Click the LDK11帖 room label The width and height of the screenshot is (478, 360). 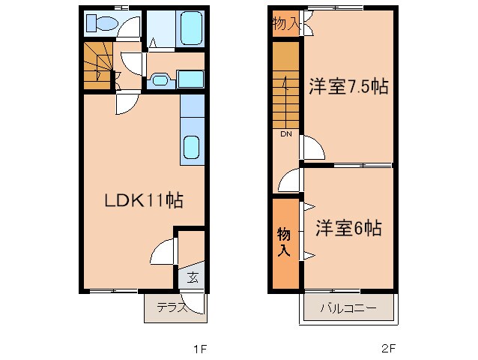click(x=143, y=200)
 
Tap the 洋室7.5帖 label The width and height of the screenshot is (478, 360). click(x=348, y=87)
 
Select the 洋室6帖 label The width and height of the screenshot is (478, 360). click(x=348, y=227)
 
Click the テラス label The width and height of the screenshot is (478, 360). click(x=172, y=307)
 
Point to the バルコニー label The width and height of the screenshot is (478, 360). click(x=348, y=308)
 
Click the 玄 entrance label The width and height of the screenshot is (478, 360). click(x=192, y=278)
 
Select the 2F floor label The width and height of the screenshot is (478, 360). click(x=387, y=348)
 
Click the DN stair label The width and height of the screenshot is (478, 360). click(x=286, y=135)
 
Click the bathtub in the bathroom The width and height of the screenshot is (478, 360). click(x=193, y=30)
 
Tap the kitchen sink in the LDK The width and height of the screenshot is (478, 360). click(x=192, y=149)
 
